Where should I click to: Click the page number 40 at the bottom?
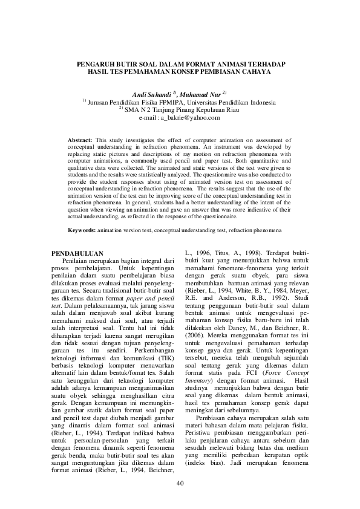click(x=180, y=483)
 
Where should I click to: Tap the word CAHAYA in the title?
click(x=255, y=71)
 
